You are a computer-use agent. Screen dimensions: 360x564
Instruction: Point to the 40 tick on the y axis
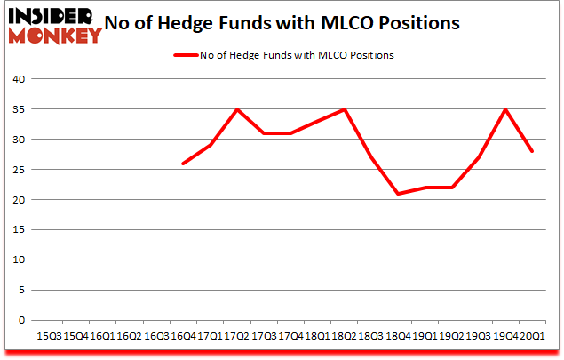coord(18,79)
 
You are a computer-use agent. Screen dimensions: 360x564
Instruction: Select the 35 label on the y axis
coord(18,109)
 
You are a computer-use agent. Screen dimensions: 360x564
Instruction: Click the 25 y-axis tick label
coord(18,170)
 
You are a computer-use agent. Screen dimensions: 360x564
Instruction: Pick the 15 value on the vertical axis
coord(18,230)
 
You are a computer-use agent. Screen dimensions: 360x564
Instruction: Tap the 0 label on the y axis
coord(21,320)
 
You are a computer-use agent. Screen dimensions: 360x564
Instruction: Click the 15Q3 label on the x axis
coord(49,336)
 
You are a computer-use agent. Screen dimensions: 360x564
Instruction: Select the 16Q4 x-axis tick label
coord(183,336)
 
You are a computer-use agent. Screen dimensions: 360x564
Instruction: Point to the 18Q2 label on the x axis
coord(344,336)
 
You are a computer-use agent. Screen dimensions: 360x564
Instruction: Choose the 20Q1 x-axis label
coord(531,336)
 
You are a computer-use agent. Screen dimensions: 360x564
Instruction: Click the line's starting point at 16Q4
coord(183,164)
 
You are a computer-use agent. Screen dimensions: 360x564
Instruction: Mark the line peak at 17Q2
coord(236,109)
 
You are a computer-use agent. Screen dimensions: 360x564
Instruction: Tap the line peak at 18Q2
coord(344,109)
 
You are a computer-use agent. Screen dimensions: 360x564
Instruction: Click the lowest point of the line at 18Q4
coord(397,194)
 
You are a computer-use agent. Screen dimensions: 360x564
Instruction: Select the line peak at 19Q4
coord(504,109)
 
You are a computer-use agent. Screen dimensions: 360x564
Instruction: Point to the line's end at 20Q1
coord(531,151)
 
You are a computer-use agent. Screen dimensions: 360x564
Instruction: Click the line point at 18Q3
coord(370,157)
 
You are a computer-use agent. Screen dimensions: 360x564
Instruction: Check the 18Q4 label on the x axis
coord(397,336)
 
